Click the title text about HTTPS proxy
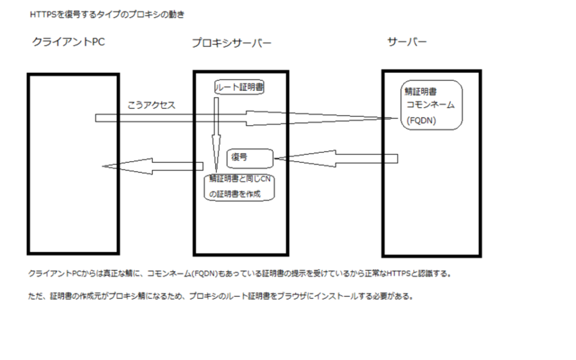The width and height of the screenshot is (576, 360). point(107,15)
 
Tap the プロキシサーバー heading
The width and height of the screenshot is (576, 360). point(231,43)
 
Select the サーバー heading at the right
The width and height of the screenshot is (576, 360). point(407,42)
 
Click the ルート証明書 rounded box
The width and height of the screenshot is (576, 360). point(239,88)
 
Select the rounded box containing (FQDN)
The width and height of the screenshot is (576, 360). point(431,105)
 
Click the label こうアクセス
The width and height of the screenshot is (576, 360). point(151,105)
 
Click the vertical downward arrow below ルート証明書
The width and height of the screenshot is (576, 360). point(216,133)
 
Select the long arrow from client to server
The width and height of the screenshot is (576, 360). point(244,118)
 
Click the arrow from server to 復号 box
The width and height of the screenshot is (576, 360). point(337,159)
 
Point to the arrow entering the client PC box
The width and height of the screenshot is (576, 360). point(151,166)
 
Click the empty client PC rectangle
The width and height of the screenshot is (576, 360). point(73,208)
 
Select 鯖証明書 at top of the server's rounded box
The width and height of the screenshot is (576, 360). point(421,92)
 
